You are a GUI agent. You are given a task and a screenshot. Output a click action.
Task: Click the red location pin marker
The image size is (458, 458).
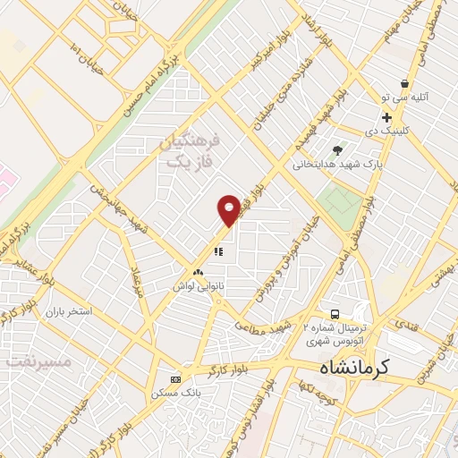click(x=229, y=209)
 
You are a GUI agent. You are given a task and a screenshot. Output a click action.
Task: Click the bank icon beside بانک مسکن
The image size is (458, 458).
click(x=175, y=378)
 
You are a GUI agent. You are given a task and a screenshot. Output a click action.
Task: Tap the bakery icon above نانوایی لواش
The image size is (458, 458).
click(x=198, y=270)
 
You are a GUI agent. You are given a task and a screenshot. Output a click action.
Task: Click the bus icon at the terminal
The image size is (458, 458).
click(x=334, y=314)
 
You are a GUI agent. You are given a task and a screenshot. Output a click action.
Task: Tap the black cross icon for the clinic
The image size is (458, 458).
click(x=386, y=117)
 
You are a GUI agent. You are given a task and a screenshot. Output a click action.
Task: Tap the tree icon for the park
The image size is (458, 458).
click(x=336, y=150)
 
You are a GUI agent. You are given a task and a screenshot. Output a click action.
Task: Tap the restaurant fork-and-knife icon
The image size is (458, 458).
click(x=217, y=251)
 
